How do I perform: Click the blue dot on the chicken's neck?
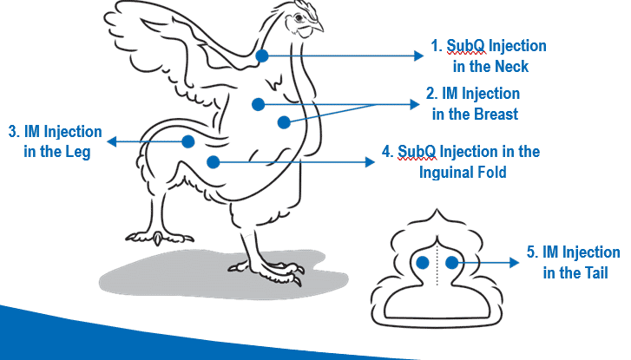[x=263, y=55]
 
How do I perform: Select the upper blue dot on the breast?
[x=258, y=104]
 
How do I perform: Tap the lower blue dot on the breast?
[x=283, y=121]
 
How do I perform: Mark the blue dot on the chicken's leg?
[x=187, y=141]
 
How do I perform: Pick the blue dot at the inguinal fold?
[x=213, y=160]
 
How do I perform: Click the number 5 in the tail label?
[x=532, y=252]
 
